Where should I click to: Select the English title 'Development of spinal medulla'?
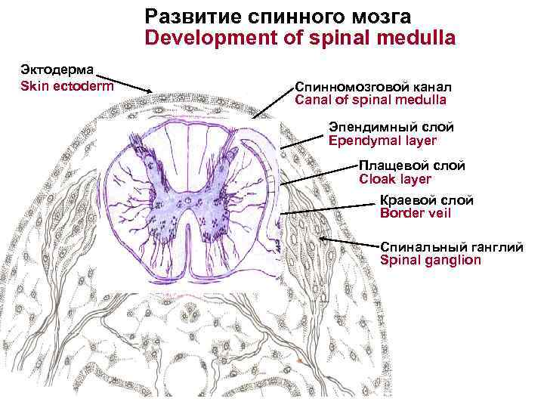click(x=300, y=38)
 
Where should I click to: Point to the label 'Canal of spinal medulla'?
click(x=370, y=100)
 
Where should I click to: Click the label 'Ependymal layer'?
click(x=382, y=141)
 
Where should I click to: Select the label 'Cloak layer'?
click(x=395, y=179)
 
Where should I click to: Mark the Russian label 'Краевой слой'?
click(x=426, y=200)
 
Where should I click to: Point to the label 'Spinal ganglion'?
click(x=430, y=260)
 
